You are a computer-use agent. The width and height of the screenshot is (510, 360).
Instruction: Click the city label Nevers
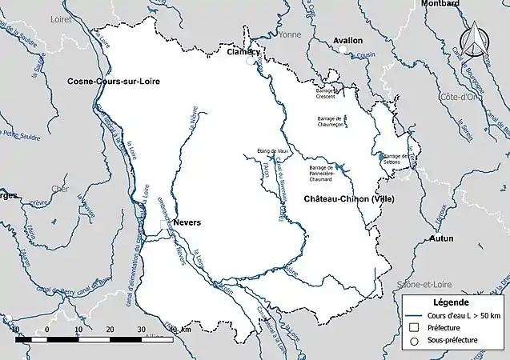click(187, 222)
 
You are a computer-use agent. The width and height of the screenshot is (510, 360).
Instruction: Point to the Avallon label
click(347, 39)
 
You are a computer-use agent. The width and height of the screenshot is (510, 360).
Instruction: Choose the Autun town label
click(440, 238)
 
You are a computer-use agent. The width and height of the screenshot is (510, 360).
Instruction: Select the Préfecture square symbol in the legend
click(413, 327)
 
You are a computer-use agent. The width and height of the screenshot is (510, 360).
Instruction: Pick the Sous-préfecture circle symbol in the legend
click(413, 340)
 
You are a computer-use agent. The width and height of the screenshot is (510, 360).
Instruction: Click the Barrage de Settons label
click(396, 158)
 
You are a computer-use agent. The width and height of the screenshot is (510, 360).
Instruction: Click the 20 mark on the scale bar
click(110, 329)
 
